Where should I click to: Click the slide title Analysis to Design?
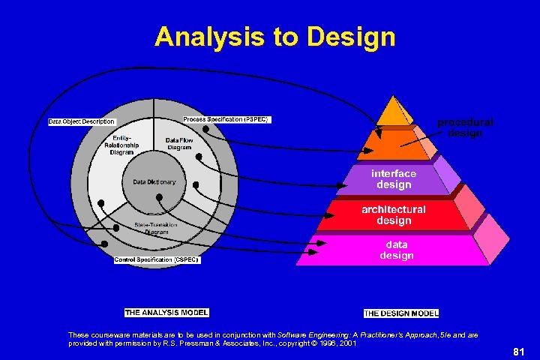[x=274, y=37]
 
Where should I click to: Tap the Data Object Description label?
[x=82, y=121]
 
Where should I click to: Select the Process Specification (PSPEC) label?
[x=226, y=119]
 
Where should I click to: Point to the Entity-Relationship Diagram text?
[x=121, y=145]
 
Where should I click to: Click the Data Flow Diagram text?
[x=179, y=143]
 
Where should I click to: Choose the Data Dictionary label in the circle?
[x=154, y=181]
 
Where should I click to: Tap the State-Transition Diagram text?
[x=156, y=228]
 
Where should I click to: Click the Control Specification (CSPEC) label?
[x=157, y=259]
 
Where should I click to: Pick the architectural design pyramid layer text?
[x=393, y=214]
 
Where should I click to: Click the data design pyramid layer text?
[x=396, y=250]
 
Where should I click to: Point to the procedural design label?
[x=465, y=127]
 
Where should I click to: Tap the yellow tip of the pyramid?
[x=393, y=112]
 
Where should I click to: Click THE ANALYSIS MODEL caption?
[x=166, y=312]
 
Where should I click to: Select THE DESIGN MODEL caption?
[x=401, y=313]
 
